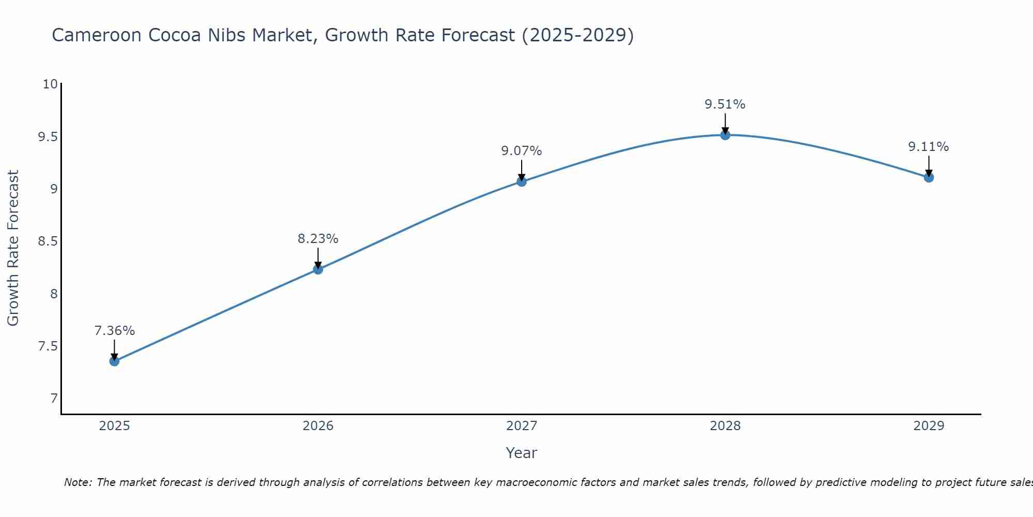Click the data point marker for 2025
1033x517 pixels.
tap(114, 361)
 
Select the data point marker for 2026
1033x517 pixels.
tap(318, 269)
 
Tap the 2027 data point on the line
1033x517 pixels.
tap(521, 181)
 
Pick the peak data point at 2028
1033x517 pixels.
tap(725, 135)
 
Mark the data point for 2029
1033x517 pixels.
tap(928, 177)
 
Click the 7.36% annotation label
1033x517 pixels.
tap(114, 331)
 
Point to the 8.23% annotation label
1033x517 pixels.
tap(318, 239)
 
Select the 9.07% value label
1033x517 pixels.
tap(521, 151)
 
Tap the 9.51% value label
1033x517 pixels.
tap(725, 104)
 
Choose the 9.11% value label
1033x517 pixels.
tap(928, 147)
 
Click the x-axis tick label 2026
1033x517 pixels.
tap(318, 426)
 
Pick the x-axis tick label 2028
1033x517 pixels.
tap(725, 426)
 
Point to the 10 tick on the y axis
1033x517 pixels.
tap(50, 84)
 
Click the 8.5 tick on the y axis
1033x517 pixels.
tap(48, 241)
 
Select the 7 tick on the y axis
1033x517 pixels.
tap(54, 399)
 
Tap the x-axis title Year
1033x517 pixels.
tap(521, 453)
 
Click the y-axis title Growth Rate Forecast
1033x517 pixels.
tap(13, 248)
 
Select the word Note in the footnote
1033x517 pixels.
tap(77, 482)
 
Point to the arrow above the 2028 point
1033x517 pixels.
tap(725, 123)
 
